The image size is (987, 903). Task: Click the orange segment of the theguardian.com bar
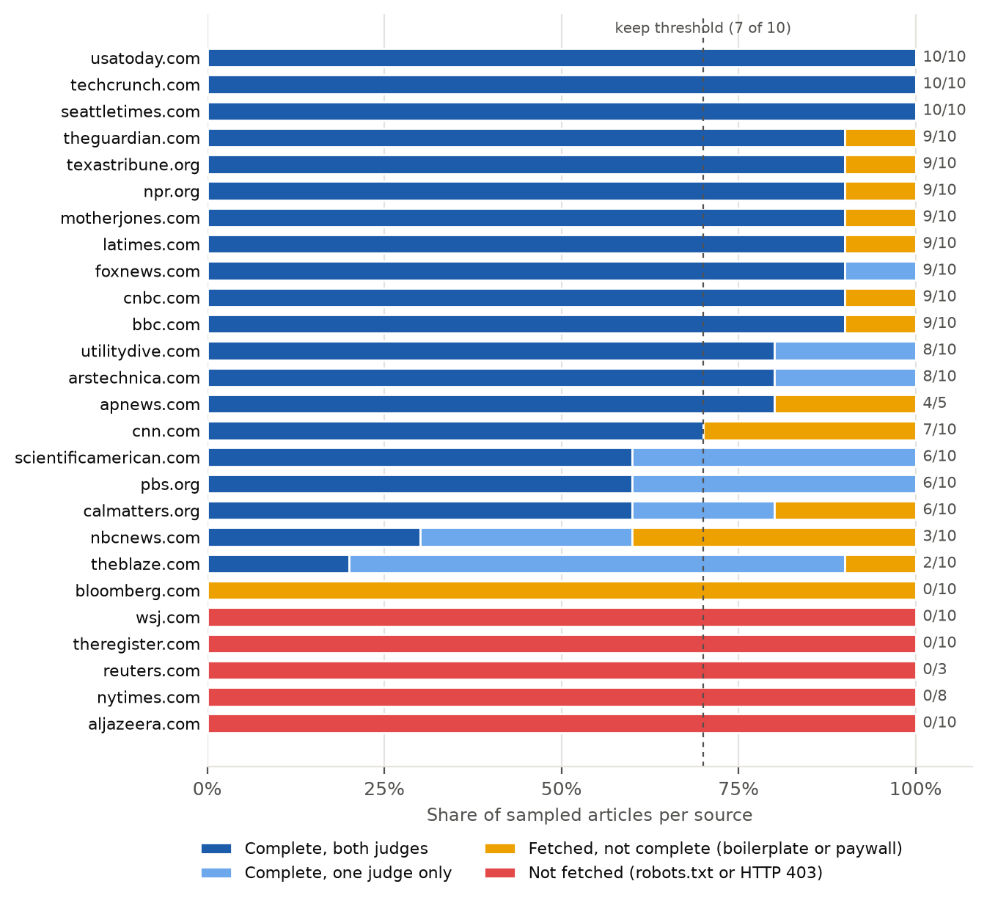coord(880,138)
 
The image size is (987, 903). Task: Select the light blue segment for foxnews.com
coord(880,271)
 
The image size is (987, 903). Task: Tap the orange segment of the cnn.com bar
coord(810,431)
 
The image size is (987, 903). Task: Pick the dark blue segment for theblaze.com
coord(279,564)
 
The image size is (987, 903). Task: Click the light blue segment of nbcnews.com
coord(526,537)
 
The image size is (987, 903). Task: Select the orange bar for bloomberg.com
coord(562,591)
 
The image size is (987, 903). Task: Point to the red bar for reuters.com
coord(562,670)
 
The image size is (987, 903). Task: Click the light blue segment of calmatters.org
coord(703,511)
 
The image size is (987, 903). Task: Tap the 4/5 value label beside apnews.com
coord(934,403)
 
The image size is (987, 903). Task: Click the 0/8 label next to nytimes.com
coord(934,695)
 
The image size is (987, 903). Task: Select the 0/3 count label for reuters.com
coord(934,669)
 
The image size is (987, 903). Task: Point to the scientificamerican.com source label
coord(107,458)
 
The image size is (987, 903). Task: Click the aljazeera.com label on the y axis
coord(144,724)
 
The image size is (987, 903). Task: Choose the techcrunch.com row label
coord(136,84)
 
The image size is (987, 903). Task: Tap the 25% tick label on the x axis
coord(384,789)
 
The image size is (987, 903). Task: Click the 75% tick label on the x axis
coord(738,789)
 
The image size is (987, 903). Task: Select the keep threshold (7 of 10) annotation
coord(702,28)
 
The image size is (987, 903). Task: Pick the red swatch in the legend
coord(500,873)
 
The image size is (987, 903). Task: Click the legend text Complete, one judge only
coord(348,873)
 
